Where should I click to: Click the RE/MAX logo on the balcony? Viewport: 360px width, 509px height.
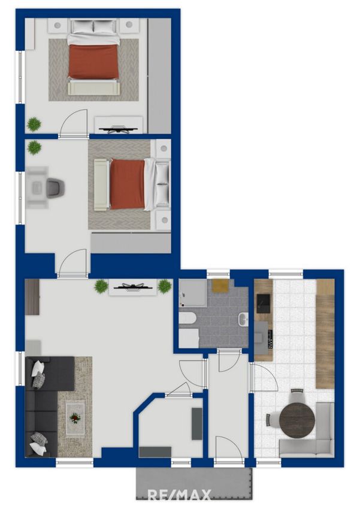180,495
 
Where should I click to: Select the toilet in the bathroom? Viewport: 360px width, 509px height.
187,319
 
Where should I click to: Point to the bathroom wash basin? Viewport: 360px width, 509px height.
243,319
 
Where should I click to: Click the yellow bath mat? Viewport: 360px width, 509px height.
220,286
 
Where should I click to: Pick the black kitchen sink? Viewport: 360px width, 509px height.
264,303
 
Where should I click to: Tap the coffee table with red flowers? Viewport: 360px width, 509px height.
75,418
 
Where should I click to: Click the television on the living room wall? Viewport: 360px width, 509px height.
133,287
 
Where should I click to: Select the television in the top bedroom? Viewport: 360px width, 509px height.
119,130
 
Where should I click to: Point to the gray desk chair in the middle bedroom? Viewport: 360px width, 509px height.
55,188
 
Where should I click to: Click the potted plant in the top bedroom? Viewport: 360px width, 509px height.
34,125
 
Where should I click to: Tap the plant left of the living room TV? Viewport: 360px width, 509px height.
101,286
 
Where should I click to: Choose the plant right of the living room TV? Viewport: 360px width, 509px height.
164,286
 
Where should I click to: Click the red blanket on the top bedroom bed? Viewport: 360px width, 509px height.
93,61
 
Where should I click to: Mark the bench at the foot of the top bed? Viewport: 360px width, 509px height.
94,88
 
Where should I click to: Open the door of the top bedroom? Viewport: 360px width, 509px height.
74,123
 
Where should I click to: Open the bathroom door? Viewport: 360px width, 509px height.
229,360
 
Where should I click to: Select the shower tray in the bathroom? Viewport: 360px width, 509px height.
192,292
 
